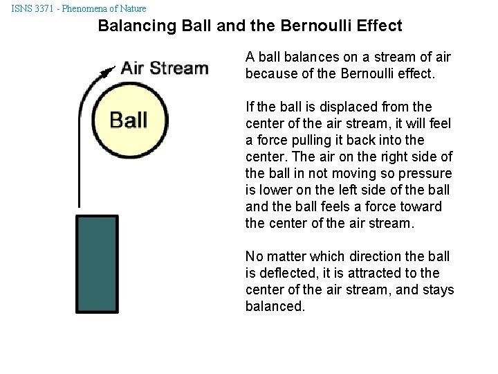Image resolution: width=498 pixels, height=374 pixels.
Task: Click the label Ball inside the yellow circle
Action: click(129, 119)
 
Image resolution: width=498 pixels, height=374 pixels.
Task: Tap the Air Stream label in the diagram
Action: click(165, 68)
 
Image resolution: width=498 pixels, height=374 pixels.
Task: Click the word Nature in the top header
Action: click(131, 8)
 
